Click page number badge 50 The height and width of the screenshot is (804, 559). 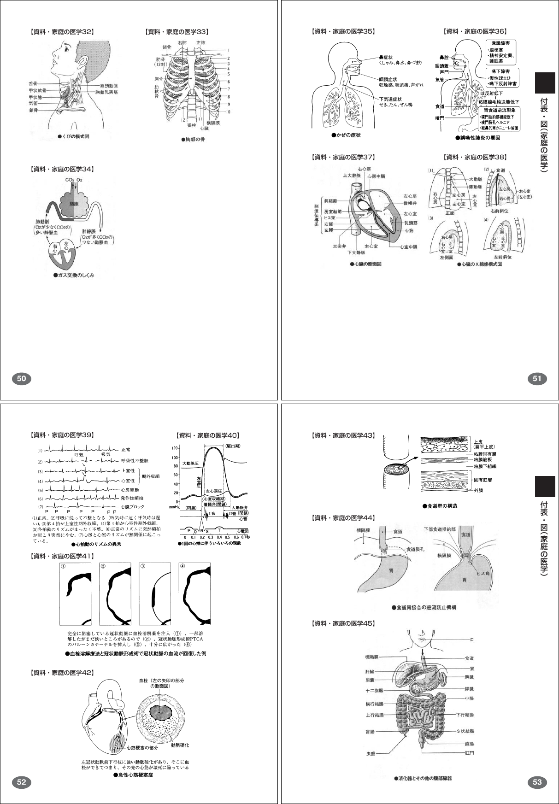tap(21, 379)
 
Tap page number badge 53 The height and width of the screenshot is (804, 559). tap(537, 782)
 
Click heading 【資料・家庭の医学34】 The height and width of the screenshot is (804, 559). tap(62, 170)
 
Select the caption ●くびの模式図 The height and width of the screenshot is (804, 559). tap(73, 136)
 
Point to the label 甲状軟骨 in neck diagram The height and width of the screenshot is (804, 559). tap(37, 91)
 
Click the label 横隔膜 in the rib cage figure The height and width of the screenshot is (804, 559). tap(213, 123)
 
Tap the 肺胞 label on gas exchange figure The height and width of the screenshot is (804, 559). tap(74, 203)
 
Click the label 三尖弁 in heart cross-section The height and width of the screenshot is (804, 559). tap(340, 246)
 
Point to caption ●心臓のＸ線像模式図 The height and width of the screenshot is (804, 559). tap(479, 264)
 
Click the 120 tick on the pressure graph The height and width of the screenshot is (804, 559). tap(175, 448)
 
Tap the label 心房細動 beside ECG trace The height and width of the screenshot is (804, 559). tap(129, 490)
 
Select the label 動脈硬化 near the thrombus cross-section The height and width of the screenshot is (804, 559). tap(180, 745)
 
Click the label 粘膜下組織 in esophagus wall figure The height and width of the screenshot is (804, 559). tap(485, 466)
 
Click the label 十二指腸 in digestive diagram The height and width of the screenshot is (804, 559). tap(374, 690)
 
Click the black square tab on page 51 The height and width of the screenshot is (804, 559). tap(545, 83)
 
